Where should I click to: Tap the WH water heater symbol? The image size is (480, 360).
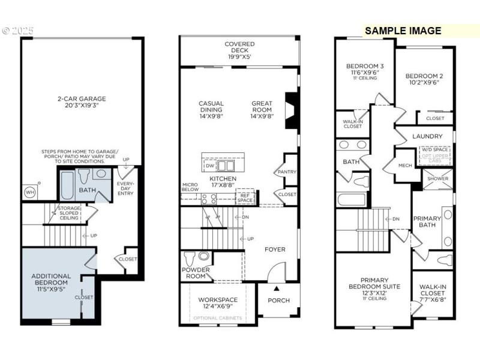coord(29,192)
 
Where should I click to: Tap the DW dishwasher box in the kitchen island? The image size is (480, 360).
coord(209,165)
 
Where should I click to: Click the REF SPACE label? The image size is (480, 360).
coord(245,197)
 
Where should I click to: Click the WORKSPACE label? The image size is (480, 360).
coord(218,299)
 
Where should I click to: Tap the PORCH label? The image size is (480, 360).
coord(278,300)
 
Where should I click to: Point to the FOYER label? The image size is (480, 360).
coord(275,250)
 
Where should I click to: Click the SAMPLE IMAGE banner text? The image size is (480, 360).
coord(403,31)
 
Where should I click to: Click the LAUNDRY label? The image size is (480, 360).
coord(428,136)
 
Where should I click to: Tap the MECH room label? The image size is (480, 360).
coord(406,166)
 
